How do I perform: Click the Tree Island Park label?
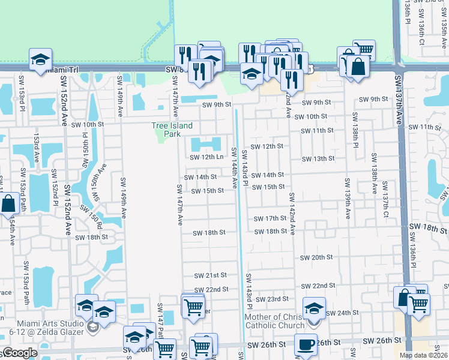click(x=172, y=129)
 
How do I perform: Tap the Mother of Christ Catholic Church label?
click(x=277, y=321)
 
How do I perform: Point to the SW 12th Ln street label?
click(x=206, y=157)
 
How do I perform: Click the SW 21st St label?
click(x=210, y=275)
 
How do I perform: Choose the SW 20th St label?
click(x=316, y=257)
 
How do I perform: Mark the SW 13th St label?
click(x=318, y=158)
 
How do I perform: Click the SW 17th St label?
click(x=270, y=219)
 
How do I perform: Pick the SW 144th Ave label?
click(x=235, y=167)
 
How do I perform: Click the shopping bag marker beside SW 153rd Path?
click(x=9, y=204)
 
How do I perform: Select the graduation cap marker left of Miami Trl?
click(x=41, y=59)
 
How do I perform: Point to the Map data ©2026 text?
click(x=424, y=355)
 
